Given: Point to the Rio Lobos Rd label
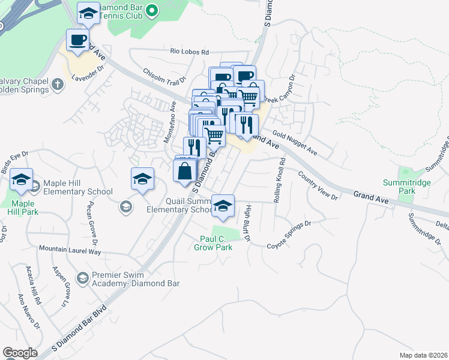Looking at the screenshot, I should tap(189, 52).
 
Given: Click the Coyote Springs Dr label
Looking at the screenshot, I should tap(290, 235).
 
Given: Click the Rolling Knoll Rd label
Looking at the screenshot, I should tap(279, 179).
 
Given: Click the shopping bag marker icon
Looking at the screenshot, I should tap(185, 170).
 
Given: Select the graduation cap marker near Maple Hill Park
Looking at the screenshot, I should tap(22, 179).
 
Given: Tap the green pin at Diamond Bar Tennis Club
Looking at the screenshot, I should tap(151, 10).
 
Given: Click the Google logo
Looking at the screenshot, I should tap(20, 353).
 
